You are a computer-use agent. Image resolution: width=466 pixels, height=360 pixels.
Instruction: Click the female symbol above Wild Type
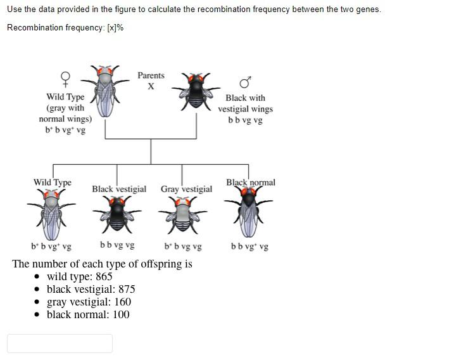point(65,79)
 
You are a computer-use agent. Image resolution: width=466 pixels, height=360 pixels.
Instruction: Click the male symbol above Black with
point(245,83)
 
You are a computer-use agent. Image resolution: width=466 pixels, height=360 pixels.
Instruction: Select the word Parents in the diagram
point(151,75)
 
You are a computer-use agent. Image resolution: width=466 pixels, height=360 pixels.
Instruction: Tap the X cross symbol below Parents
point(151,87)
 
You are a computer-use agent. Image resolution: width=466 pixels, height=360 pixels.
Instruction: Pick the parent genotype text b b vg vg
point(245,120)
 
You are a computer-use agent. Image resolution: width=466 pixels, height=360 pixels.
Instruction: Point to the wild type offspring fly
point(51,212)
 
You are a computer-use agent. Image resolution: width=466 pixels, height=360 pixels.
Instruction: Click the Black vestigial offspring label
point(119,189)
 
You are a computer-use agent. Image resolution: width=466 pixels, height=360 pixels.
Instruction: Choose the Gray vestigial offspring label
point(186,189)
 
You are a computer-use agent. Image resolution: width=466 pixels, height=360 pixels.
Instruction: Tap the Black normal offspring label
point(251,183)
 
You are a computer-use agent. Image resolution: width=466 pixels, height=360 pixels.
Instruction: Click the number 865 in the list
point(104,276)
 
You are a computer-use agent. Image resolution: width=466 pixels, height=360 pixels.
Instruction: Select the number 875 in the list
point(126,289)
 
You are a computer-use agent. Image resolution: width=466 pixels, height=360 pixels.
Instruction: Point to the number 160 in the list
point(122,302)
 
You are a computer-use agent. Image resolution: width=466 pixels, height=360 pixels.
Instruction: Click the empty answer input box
point(60,343)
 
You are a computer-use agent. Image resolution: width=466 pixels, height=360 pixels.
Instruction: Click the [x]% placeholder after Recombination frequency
point(115,27)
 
